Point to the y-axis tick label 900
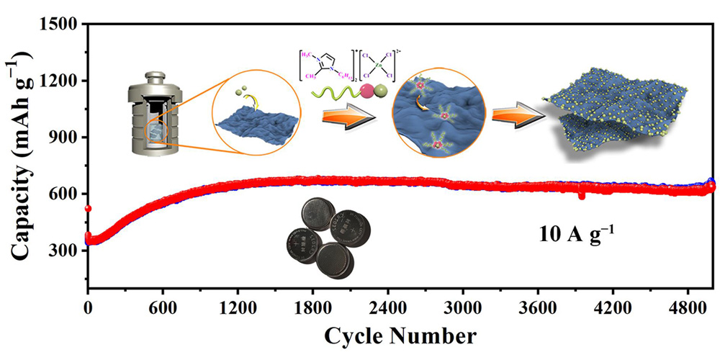[63, 137]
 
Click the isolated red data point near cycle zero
[88, 209]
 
